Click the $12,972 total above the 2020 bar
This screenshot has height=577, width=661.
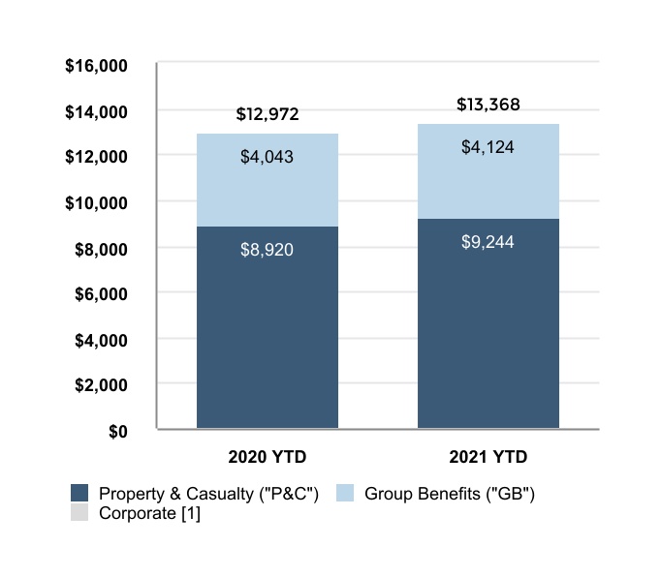tap(268, 115)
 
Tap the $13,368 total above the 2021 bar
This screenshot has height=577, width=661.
tap(488, 105)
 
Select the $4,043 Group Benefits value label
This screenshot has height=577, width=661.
tap(268, 156)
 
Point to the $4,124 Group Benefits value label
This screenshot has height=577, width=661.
tap(488, 148)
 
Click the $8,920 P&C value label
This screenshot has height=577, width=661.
tap(268, 250)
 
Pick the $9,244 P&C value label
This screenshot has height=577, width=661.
tap(488, 242)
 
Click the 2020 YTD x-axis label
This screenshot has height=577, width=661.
tap(268, 456)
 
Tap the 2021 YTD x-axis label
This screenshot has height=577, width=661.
tap(488, 456)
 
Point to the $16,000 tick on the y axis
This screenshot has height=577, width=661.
tap(97, 67)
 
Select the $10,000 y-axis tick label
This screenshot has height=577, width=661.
tap(97, 203)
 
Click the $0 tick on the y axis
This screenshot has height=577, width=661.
tap(117, 431)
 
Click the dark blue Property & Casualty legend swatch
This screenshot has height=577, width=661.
tap(79, 493)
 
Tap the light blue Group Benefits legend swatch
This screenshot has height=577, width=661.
tap(345, 493)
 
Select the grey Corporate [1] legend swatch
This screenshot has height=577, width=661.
tap(79, 513)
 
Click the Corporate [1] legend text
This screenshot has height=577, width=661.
tap(149, 513)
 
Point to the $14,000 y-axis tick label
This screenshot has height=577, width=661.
tap(97, 112)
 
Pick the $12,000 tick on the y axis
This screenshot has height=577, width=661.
tap(97, 158)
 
